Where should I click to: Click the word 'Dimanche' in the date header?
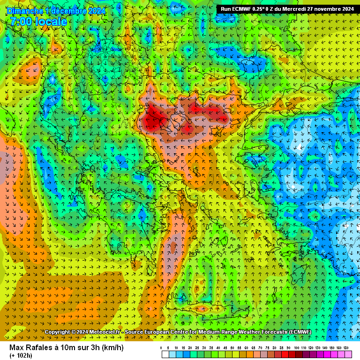pyautogui.click(x=24, y=11)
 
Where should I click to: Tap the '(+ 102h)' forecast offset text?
pyautogui.click(x=21, y=355)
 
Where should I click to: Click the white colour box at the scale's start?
pyautogui.click(x=165, y=355)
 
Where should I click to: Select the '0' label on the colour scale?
pyautogui.click(x=161, y=348)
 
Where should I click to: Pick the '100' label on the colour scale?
pyautogui.click(x=296, y=348)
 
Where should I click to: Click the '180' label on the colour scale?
pyautogui.click(x=346, y=348)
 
